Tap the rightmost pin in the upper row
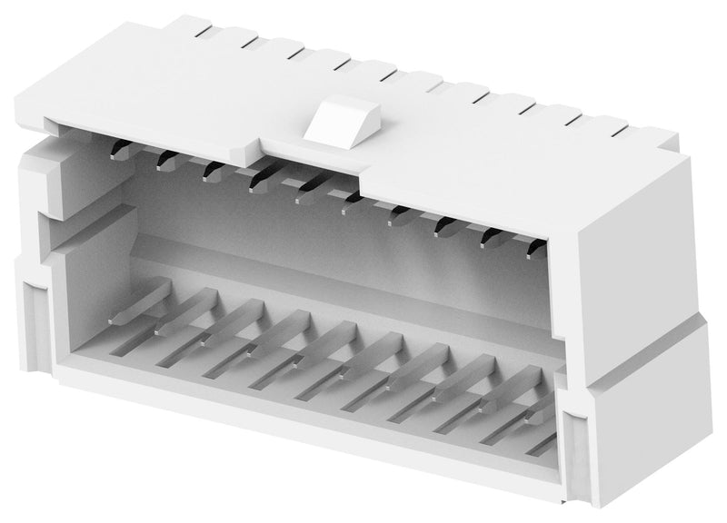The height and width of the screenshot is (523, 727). pyautogui.click(x=532, y=242)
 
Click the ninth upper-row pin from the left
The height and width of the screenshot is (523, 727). pyautogui.click(x=489, y=234)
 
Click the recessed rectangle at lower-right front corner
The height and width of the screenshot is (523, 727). pyautogui.click(x=576, y=445)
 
